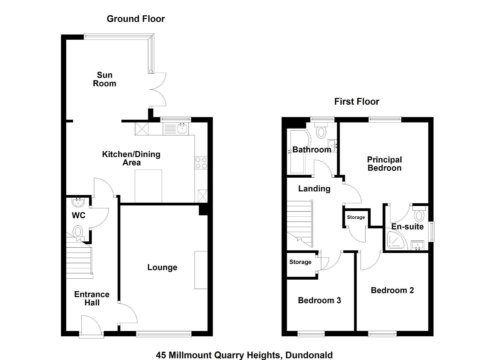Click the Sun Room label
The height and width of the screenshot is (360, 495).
pyautogui.click(x=104, y=79)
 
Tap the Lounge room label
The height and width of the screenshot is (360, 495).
pyautogui.click(x=162, y=267)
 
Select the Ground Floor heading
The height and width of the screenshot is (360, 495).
pyautogui.click(x=136, y=19)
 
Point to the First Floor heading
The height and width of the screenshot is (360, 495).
pyautogui.click(x=357, y=102)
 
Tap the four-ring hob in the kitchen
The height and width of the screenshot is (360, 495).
pyautogui.click(x=201, y=163)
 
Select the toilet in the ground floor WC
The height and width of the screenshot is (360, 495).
pyautogui.click(x=78, y=233)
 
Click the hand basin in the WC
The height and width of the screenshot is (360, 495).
pyautogui.click(x=78, y=202)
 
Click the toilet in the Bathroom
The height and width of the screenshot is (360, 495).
pyautogui.click(x=321, y=131)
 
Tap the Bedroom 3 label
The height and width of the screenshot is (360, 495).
pyautogui.click(x=319, y=300)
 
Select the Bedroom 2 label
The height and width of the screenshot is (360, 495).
pyautogui.click(x=392, y=290)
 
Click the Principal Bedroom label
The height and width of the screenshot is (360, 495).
pyautogui.click(x=385, y=164)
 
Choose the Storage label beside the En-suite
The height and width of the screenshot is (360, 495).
pyautogui.click(x=356, y=217)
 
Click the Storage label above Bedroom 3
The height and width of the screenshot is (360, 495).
pyautogui.click(x=300, y=262)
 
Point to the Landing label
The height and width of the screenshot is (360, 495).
pyautogui.click(x=314, y=189)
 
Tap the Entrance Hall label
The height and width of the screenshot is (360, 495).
pyautogui.click(x=92, y=298)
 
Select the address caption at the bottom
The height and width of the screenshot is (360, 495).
pyautogui.click(x=244, y=355)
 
